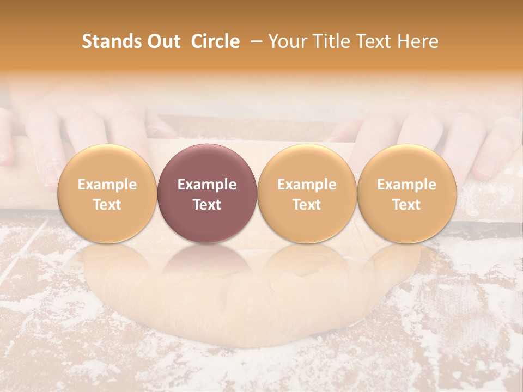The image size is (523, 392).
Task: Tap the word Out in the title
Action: (x=163, y=41)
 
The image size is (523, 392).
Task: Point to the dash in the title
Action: (x=254, y=42)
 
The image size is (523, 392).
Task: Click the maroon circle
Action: (x=207, y=163)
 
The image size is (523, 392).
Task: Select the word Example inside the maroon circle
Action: (x=207, y=185)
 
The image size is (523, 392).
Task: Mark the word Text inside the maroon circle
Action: (x=207, y=205)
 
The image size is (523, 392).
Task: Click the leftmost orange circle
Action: (x=107, y=163)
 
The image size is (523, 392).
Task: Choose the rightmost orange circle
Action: (x=406, y=163)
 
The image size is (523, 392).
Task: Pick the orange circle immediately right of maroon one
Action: (x=307, y=163)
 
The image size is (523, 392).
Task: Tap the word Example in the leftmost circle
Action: (x=107, y=185)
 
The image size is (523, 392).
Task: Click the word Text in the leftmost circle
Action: (x=107, y=205)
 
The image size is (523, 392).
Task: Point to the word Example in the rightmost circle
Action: (x=406, y=185)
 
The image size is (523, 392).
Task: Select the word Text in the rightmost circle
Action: (x=406, y=205)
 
